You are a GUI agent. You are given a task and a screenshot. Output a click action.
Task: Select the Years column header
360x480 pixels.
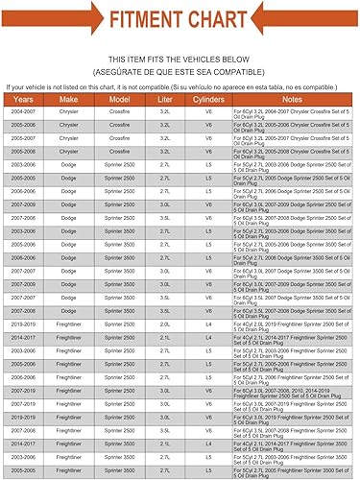pos(25,99)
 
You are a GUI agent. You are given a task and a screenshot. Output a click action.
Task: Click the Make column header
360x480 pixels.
pos(70,99)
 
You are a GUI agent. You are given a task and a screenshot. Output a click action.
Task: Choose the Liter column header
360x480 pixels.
pos(165,99)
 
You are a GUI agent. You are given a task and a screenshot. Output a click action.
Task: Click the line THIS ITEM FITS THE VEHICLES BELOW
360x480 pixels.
pos(180,59)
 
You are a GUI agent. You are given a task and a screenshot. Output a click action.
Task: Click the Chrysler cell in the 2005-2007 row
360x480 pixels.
pos(70,138)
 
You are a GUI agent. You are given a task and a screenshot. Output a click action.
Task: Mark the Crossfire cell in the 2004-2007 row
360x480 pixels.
pos(120,112)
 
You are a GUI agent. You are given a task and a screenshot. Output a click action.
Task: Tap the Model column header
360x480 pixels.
pos(120,99)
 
